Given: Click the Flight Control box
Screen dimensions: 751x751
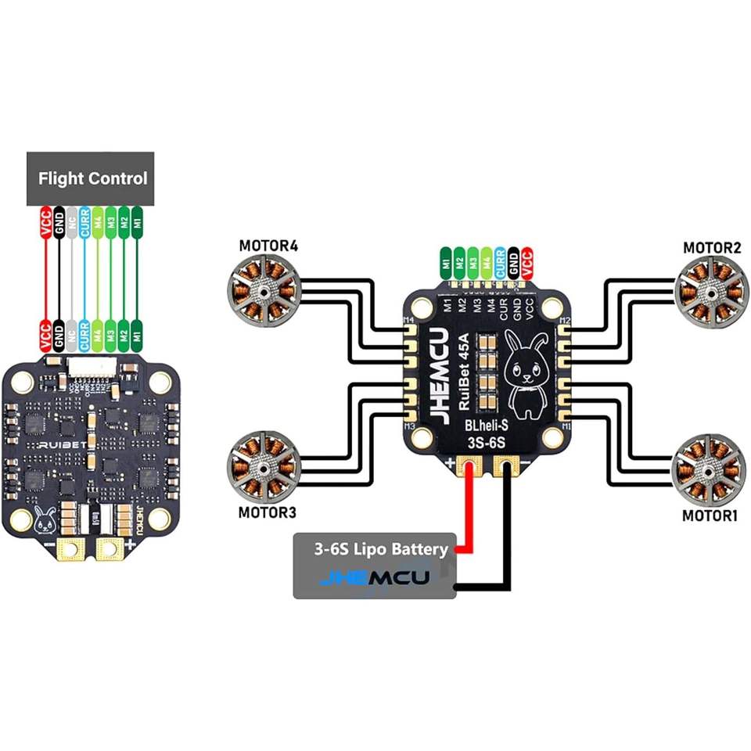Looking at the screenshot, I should pyautogui.click(x=92, y=178).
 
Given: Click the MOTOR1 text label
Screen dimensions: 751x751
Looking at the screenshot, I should pyautogui.click(x=710, y=516).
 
